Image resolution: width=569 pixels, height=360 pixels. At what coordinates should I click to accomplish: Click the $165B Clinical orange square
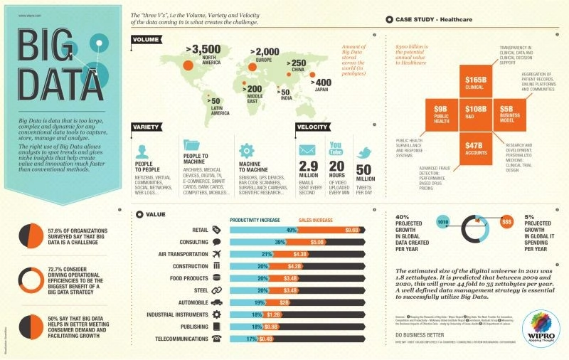(x=474, y=81)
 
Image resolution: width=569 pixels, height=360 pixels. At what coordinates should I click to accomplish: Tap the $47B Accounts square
(x=474, y=144)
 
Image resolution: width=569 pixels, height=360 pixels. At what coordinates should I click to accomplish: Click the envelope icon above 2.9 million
(x=307, y=151)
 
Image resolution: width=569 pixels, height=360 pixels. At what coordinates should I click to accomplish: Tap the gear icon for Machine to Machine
(x=246, y=150)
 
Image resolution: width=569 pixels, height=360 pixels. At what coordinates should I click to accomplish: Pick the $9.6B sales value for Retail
(x=331, y=230)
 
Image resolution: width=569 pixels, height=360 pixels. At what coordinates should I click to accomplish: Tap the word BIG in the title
(x=58, y=48)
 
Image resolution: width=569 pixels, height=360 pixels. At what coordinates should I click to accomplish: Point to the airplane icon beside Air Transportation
(x=217, y=254)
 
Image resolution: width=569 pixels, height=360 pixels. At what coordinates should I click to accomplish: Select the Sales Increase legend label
(x=315, y=220)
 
